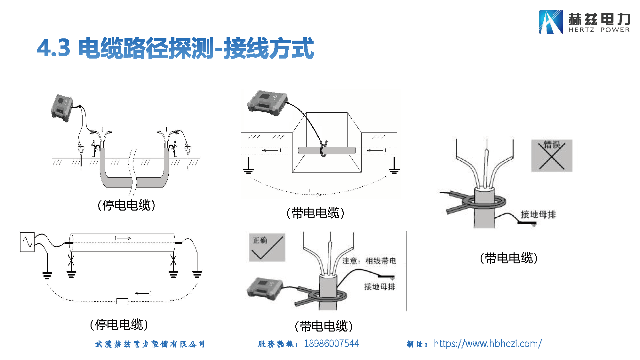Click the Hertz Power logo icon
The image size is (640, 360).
(551, 22)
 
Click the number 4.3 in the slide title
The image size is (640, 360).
(53, 48)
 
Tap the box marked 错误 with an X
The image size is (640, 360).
(552, 156)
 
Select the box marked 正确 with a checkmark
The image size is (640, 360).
(267, 247)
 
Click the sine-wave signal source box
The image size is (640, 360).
(27, 242)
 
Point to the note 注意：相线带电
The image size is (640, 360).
(369, 261)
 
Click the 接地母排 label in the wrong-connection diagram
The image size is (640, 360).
(538, 214)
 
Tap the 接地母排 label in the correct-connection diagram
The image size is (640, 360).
(380, 286)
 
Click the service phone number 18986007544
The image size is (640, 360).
(331, 343)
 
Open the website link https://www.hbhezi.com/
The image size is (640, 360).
(488, 343)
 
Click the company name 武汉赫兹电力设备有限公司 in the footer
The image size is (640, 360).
(150, 344)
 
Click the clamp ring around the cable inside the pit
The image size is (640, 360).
(324, 149)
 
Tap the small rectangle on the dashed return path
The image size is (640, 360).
(122, 301)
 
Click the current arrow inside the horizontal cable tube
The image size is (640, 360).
(123, 238)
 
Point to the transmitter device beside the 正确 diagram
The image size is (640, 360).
(265, 288)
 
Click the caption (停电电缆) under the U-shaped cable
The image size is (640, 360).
(126, 205)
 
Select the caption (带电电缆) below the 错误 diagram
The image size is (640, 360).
(508, 258)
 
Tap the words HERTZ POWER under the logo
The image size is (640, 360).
(599, 30)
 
